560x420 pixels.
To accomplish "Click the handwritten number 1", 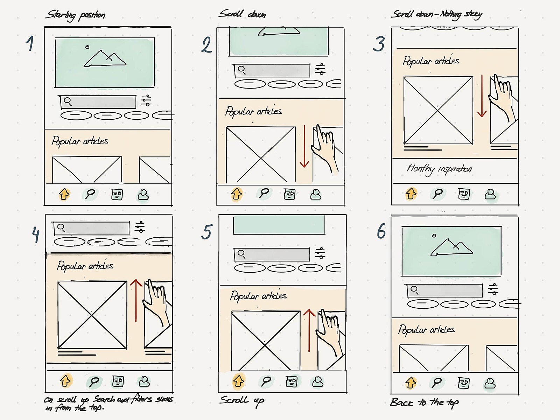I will (x=30, y=43).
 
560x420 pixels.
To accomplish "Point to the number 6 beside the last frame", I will (x=381, y=231).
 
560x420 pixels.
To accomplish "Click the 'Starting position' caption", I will (x=76, y=15).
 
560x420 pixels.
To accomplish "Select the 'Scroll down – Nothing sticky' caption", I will (x=437, y=14).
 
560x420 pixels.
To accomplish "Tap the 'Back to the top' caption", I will (x=424, y=402).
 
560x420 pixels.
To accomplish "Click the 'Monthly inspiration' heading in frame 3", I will (x=439, y=169).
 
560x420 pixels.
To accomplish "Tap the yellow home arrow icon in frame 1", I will (x=64, y=194).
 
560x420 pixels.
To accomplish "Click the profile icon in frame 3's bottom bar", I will (x=490, y=194).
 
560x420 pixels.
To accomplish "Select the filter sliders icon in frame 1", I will (x=146, y=100).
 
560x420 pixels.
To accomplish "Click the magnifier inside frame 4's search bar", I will (x=61, y=228).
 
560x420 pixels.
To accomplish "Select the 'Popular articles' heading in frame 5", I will (x=258, y=296).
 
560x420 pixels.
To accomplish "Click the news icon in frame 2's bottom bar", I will (x=289, y=194).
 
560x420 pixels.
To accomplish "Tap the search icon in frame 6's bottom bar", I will (x=437, y=383).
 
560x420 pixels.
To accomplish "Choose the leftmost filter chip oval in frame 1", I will (x=76, y=115).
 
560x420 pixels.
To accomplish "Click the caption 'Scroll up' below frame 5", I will (x=242, y=400).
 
